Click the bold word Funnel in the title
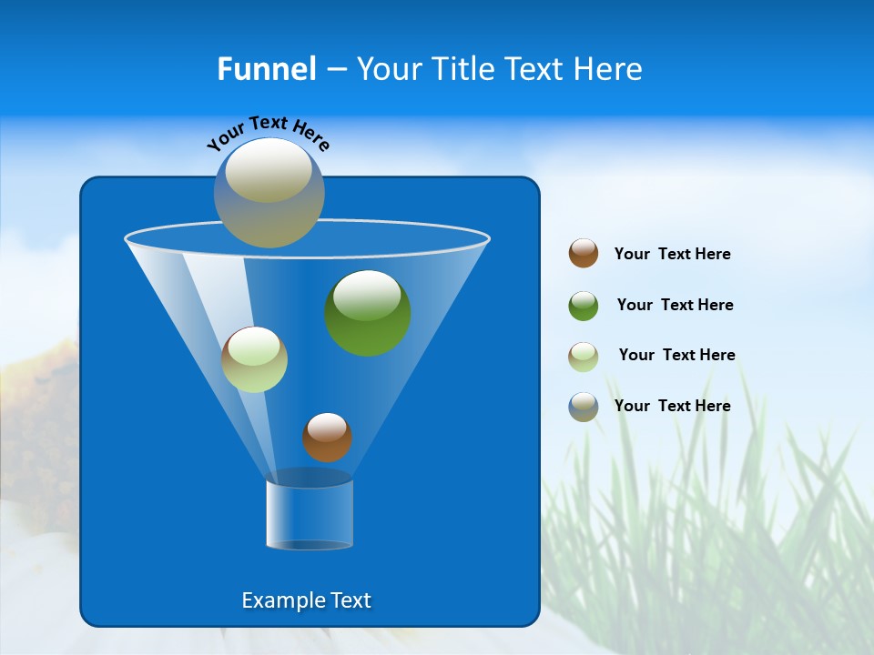point(266,69)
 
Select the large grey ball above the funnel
point(269,192)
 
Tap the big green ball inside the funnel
point(368,314)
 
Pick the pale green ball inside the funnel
point(254,359)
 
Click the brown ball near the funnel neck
point(327,438)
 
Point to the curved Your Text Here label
point(268,132)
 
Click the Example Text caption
point(306,600)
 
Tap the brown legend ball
point(584,254)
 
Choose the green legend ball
point(584,306)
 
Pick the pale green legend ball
point(584,356)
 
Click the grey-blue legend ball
point(584,407)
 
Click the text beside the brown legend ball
point(672,255)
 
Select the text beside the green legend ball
point(675,306)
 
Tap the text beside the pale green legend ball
point(676,356)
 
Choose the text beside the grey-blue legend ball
point(672,407)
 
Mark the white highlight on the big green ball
point(368,295)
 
